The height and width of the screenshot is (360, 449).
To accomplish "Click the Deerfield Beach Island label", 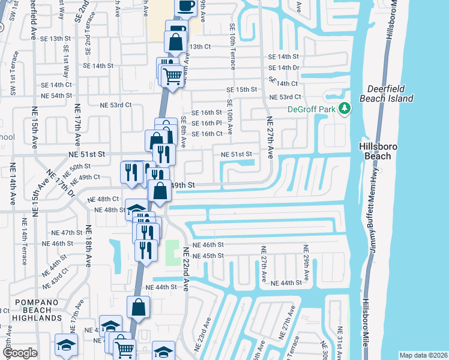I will tap(386, 94).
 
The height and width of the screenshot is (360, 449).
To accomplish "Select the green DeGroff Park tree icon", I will tap(345, 109).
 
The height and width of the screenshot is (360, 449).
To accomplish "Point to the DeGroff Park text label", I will tap(312, 109).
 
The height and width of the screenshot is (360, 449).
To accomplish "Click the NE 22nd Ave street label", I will tap(185, 269).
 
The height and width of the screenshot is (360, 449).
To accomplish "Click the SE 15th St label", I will tap(241, 89).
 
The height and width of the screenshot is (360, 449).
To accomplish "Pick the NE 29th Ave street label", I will tap(306, 264).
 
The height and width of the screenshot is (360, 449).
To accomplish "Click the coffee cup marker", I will tap(186, 7).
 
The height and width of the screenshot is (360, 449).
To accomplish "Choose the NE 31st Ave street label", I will tap(340, 343).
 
